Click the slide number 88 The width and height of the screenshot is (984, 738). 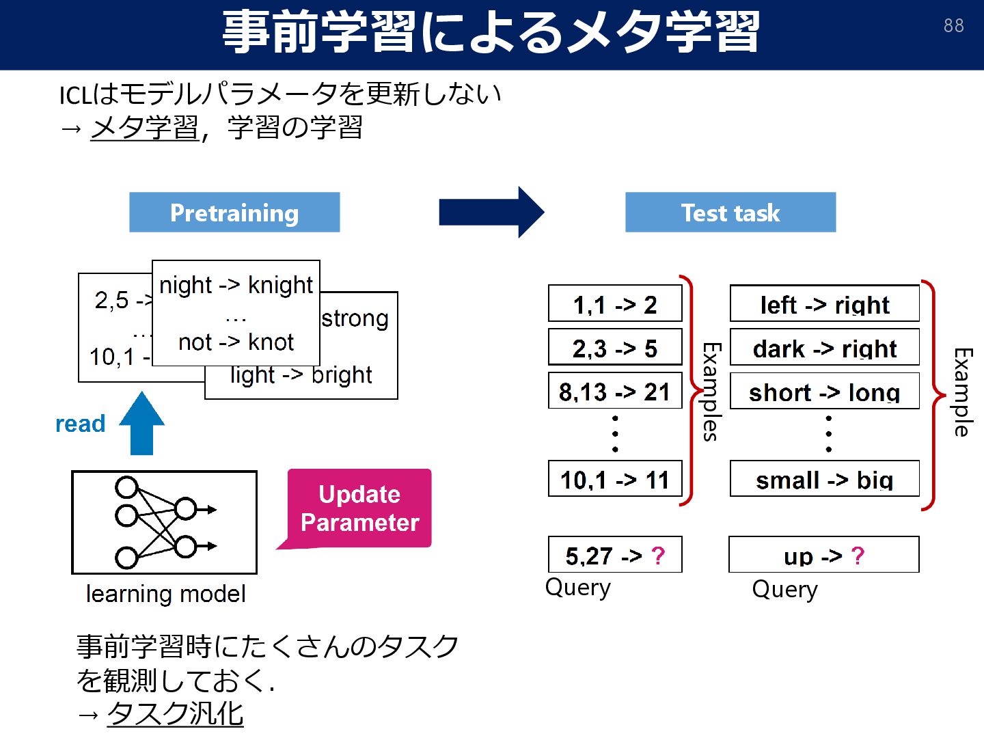pyautogui.click(x=953, y=26)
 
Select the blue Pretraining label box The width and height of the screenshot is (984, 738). pyautogui.click(x=234, y=213)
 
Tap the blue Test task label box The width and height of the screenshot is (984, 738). pyautogui.click(x=730, y=213)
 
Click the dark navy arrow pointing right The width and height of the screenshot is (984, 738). pyautogui.click(x=491, y=213)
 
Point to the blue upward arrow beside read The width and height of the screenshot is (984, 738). pyautogui.click(x=141, y=424)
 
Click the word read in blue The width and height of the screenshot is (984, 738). pyautogui.click(x=80, y=424)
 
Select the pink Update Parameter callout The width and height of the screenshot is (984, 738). pyautogui.click(x=359, y=508)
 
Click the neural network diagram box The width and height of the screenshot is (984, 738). pyautogui.click(x=164, y=522)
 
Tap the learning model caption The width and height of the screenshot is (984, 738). pyautogui.click(x=165, y=594)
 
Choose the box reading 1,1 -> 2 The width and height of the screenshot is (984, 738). pyautogui.click(x=615, y=304)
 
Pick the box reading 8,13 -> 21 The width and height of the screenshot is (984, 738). pyautogui.click(x=615, y=392)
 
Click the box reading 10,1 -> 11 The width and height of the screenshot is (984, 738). pyautogui.click(x=615, y=480)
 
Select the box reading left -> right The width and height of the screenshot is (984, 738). pyautogui.click(x=824, y=304)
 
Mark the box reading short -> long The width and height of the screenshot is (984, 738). pyautogui.click(x=824, y=392)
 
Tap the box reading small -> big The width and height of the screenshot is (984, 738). pyautogui.click(x=824, y=480)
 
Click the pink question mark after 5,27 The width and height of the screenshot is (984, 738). pyautogui.click(x=657, y=556)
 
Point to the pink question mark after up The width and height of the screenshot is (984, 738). pyautogui.click(x=858, y=556)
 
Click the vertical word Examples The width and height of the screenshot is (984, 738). pyautogui.click(x=711, y=392)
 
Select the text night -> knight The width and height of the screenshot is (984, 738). pyautogui.click(x=236, y=284)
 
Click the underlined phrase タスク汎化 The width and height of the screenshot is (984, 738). pyautogui.click(x=175, y=713)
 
